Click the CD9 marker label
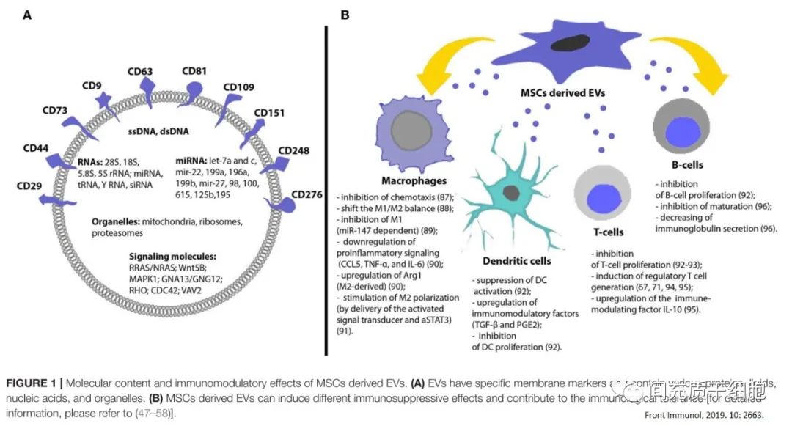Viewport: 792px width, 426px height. tap(92, 85)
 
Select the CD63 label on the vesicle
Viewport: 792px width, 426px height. tap(140, 71)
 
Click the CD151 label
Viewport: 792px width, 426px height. tap(271, 113)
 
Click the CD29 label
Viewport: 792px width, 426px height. tap(30, 186)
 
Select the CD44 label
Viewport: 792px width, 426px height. tap(36, 148)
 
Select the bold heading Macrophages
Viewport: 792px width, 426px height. tap(414, 180)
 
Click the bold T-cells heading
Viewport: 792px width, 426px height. tap(608, 232)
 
